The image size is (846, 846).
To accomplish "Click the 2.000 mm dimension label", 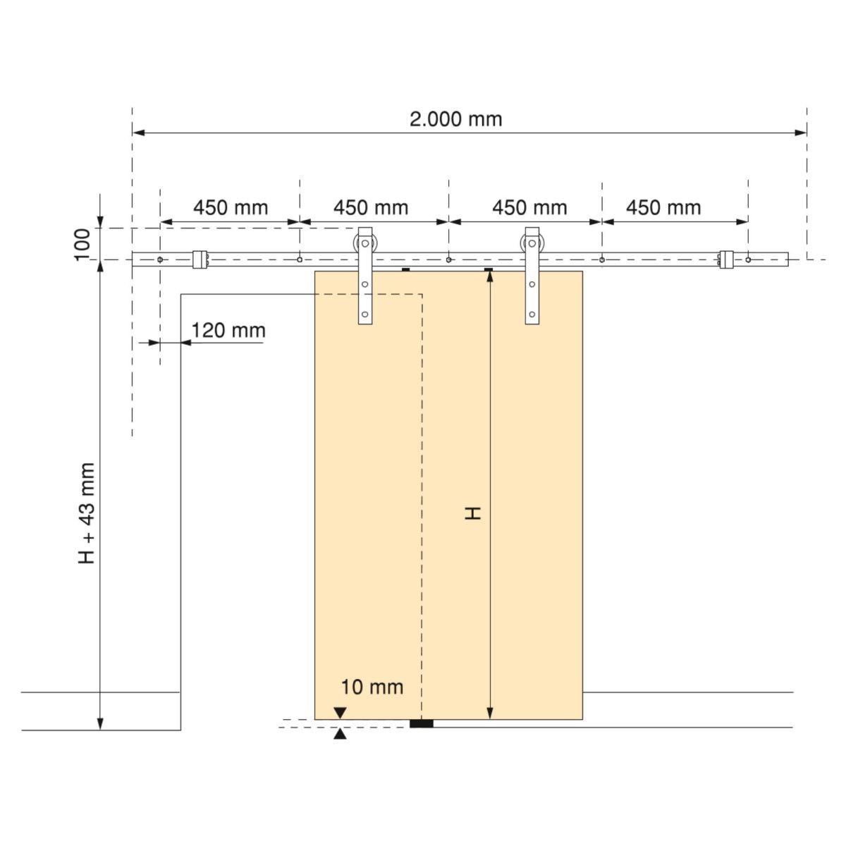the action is [455, 119].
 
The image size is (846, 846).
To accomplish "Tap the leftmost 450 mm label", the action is [231, 208].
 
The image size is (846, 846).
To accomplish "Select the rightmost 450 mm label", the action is [663, 208].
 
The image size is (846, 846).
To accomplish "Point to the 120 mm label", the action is [228, 330].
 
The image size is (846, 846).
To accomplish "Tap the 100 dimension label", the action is [82, 245].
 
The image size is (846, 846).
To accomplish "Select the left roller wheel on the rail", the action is [364, 243].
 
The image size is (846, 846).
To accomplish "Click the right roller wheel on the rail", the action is [532, 243].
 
